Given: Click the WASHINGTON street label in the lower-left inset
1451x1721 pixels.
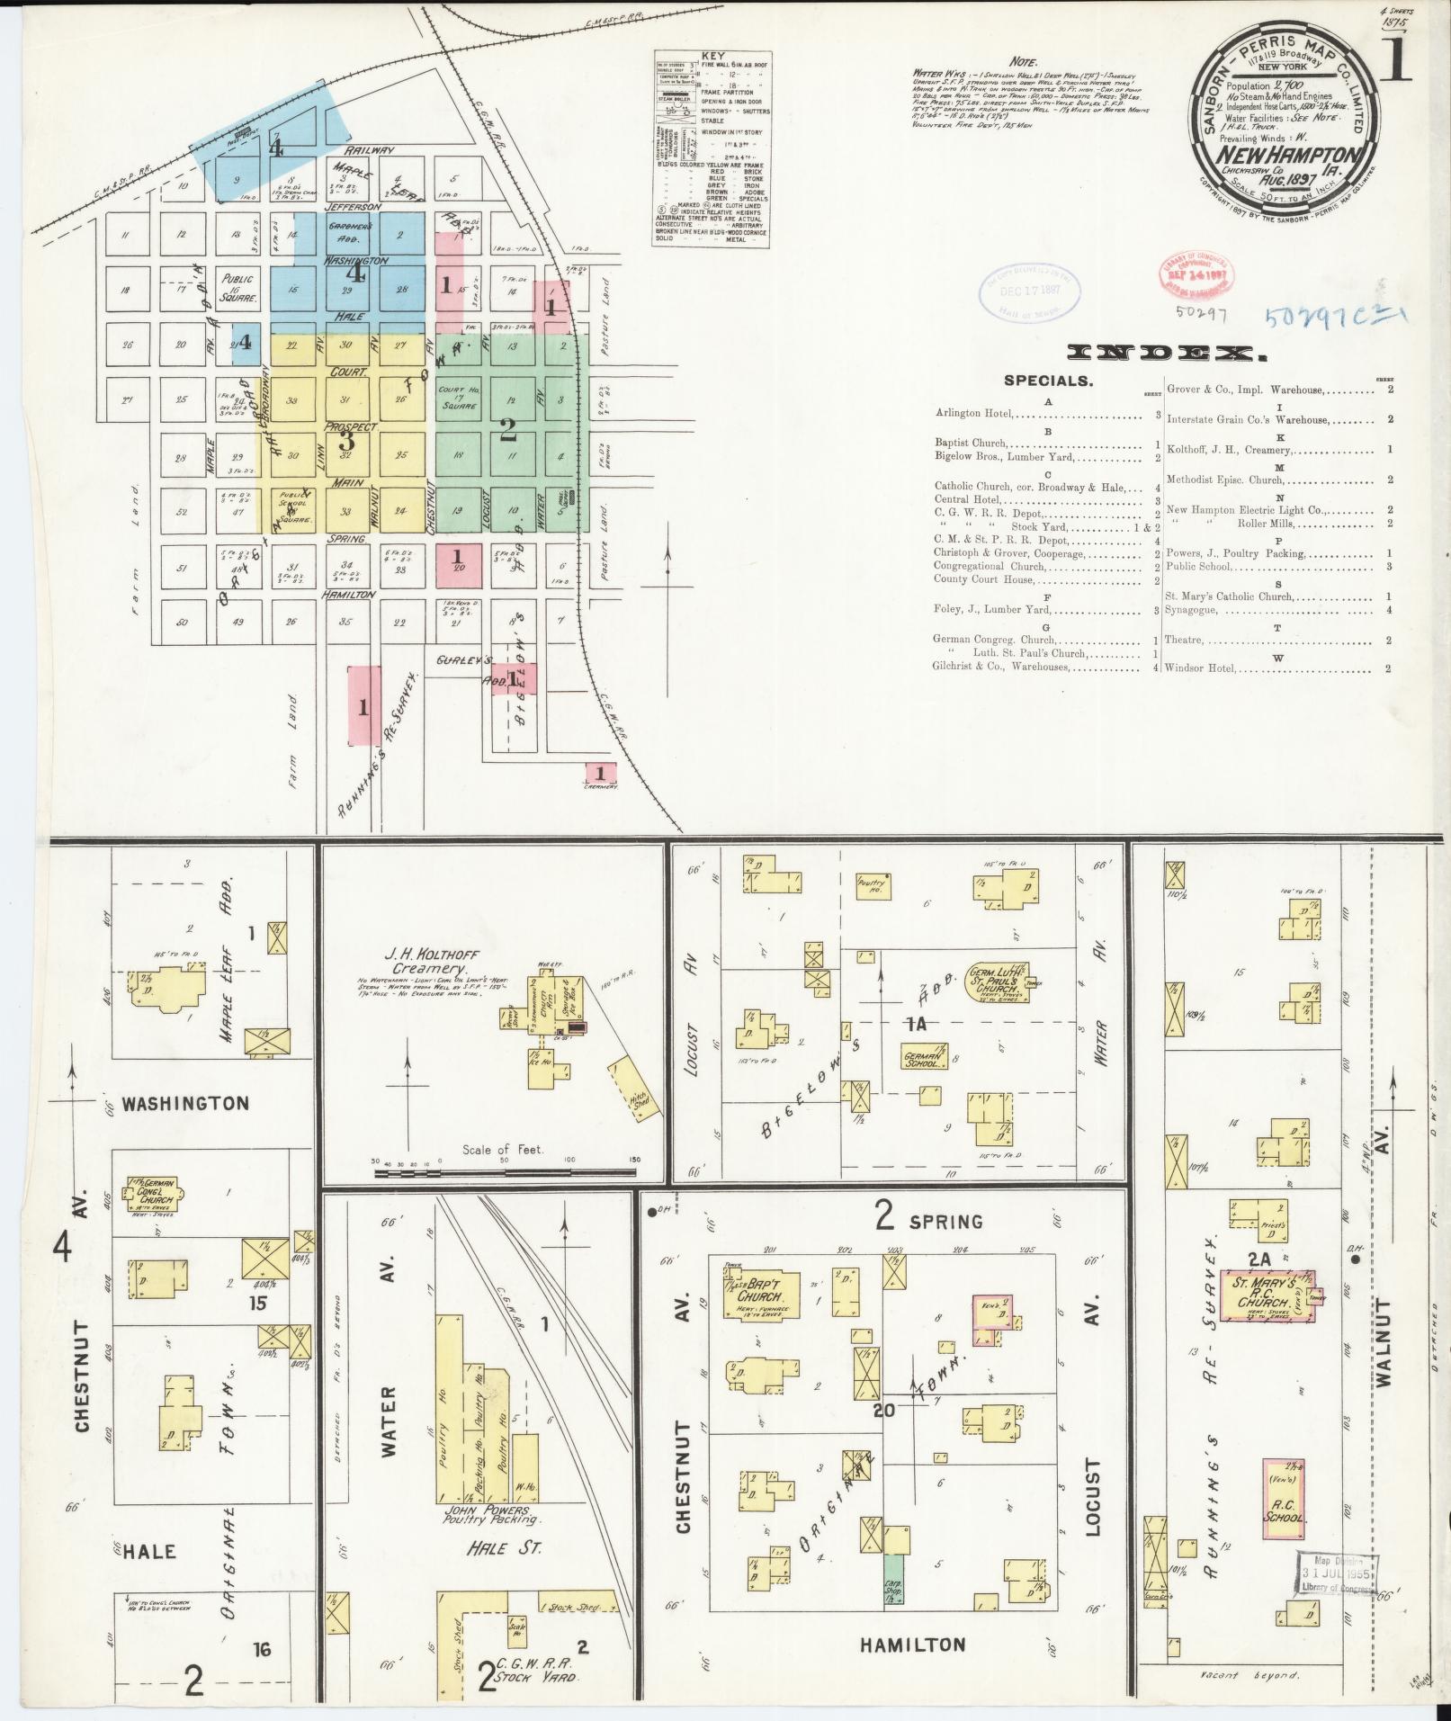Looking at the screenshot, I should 186,1102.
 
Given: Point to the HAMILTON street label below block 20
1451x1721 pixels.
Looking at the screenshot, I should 912,1645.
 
